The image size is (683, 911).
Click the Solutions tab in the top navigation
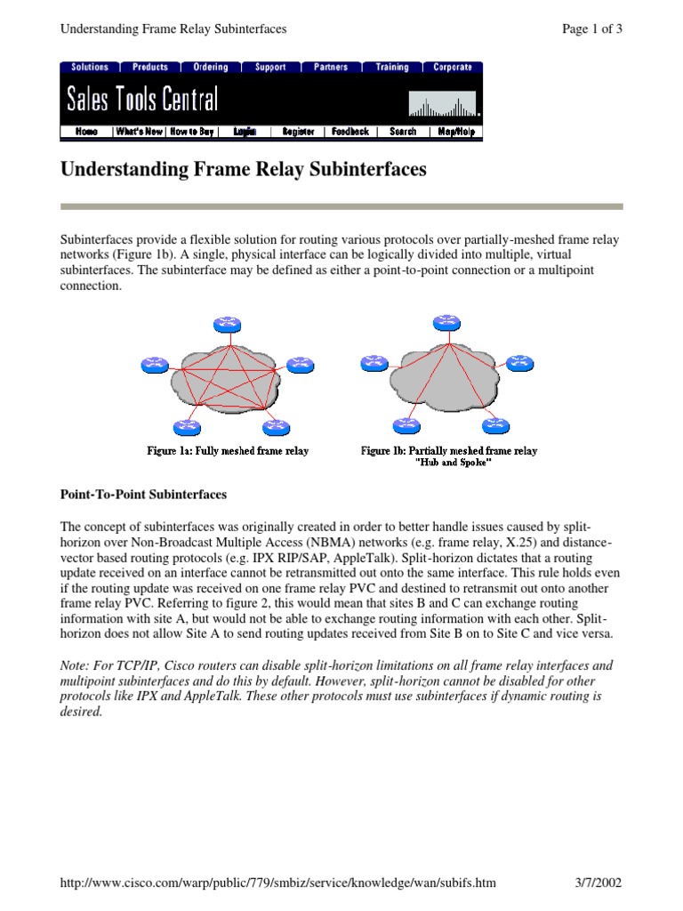click(x=90, y=67)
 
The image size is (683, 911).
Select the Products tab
click(x=150, y=67)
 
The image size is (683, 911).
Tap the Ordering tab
click(x=211, y=67)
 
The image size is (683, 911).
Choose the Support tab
click(x=270, y=67)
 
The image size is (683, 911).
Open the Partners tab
click(x=331, y=67)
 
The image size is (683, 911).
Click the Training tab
click(x=392, y=67)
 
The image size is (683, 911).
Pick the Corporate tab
click(x=453, y=67)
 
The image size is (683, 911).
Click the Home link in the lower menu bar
click(x=87, y=132)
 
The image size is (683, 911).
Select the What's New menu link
click(x=140, y=132)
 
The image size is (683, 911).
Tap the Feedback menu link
click(x=350, y=132)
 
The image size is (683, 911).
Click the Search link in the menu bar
click(x=403, y=132)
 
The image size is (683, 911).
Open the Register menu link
click(x=298, y=132)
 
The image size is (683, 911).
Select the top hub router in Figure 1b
click(x=444, y=321)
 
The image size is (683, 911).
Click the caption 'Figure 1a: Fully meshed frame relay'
click(x=228, y=451)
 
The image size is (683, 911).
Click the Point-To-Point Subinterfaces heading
click(x=143, y=494)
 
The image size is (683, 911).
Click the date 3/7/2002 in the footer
click(x=599, y=883)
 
